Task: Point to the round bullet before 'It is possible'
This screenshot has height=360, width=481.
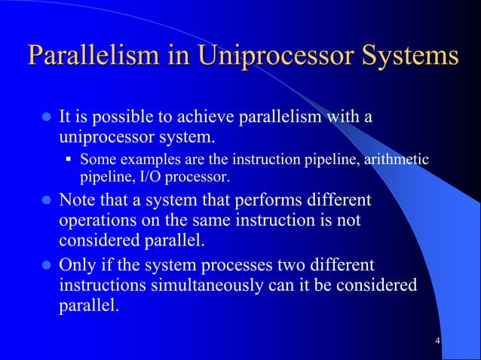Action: tap(44, 119)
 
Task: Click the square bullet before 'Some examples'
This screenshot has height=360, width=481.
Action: tap(68, 160)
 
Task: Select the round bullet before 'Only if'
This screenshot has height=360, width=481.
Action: tap(44, 266)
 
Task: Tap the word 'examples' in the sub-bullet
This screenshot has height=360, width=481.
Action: tap(142, 159)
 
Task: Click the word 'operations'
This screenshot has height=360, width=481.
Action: tap(96, 221)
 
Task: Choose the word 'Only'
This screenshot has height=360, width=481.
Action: tap(77, 265)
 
